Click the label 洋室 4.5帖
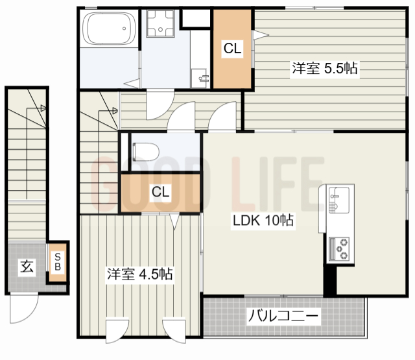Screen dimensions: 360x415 (x=139, y=274)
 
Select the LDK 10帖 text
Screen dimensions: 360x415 (x=263, y=221)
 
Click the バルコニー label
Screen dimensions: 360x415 (x=283, y=317)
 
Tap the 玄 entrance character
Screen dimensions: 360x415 (x=26, y=265)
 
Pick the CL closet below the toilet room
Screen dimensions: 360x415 (x=161, y=192)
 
